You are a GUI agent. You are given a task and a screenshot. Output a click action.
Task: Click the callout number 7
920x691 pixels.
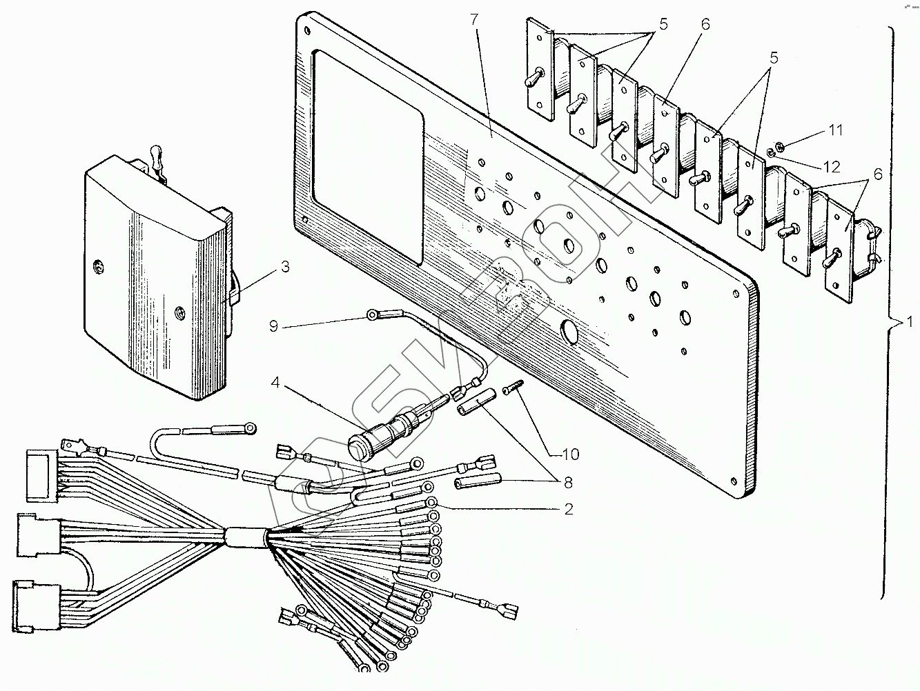[x=473, y=20]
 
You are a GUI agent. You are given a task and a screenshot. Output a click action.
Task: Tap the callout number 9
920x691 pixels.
[x=274, y=326]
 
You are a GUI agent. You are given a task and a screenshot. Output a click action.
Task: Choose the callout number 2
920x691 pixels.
[x=568, y=510]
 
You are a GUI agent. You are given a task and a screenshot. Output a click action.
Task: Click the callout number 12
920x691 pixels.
[x=832, y=167]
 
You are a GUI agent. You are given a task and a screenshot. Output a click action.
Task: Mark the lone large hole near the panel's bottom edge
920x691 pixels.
[x=571, y=332]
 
